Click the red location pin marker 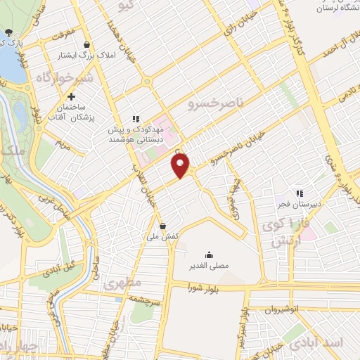(x=181, y=165)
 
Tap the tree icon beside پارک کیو (x=8, y=32)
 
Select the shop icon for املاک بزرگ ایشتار (x=86, y=44)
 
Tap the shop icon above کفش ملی (x=163, y=226)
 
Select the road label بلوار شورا (x=203, y=287)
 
